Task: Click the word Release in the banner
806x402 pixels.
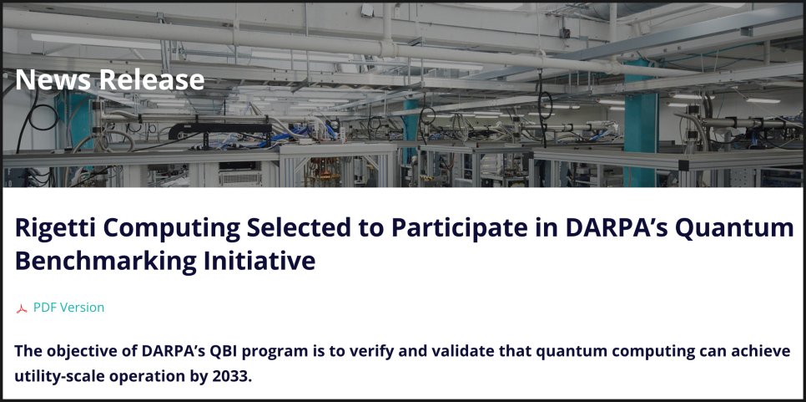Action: pyautogui.click(x=152, y=79)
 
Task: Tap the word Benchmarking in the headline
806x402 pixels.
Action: pyautogui.click(x=105, y=262)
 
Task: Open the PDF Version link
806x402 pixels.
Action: pyautogui.click(x=69, y=308)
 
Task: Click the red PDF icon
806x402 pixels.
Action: pyautogui.click(x=22, y=309)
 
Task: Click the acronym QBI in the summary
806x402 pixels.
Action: pyautogui.click(x=223, y=352)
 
